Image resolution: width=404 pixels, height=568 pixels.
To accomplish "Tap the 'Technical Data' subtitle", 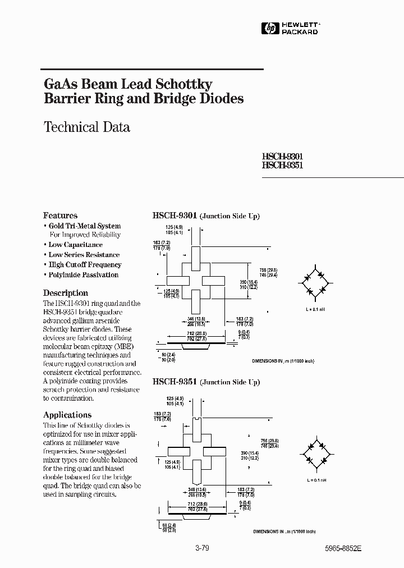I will point(87,127).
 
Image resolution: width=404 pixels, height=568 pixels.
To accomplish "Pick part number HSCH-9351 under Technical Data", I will point(283,166).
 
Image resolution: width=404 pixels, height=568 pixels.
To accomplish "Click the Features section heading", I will point(60,216).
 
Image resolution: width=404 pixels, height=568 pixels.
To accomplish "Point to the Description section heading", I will point(66,293).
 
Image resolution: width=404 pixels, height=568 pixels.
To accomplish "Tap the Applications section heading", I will point(67,415).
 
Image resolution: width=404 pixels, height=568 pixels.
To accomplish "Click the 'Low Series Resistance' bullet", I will point(84,255).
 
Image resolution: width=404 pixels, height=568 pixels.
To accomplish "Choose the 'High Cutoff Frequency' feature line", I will point(85,265).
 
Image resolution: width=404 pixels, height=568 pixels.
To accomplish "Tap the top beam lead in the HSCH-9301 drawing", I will point(195,258).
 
